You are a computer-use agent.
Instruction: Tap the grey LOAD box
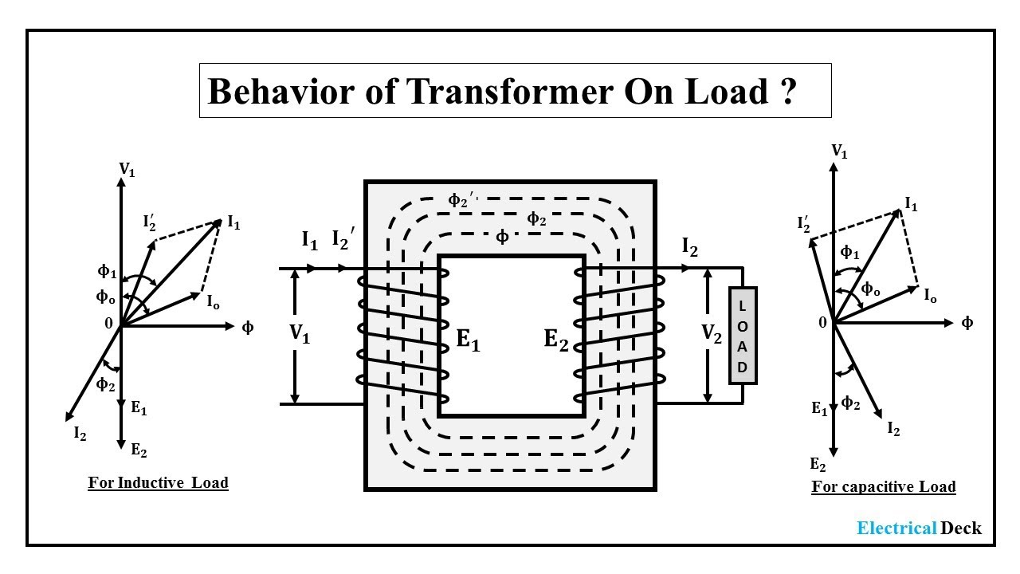(743, 336)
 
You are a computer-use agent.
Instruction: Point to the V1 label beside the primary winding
(300, 335)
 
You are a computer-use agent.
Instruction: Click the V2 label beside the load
(711, 335)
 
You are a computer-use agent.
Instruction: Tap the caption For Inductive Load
(158, 483)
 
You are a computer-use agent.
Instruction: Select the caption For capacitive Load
(883, 486)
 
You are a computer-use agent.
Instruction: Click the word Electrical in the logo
(896, 528)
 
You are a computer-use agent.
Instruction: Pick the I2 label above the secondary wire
(690, 249)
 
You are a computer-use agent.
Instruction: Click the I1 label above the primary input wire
(310, 239)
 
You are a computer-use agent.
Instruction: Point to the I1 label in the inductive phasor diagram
(233, 224)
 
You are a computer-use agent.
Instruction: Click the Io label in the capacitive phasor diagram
(930, 297)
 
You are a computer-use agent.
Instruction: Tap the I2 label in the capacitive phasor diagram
(893, 430)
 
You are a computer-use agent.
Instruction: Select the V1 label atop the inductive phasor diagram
(126, 169)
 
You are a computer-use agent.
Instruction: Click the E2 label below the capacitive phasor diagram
(818, 465)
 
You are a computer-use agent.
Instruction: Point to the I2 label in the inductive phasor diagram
(80, 434)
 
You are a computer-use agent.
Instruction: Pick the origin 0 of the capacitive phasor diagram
(823, 323)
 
